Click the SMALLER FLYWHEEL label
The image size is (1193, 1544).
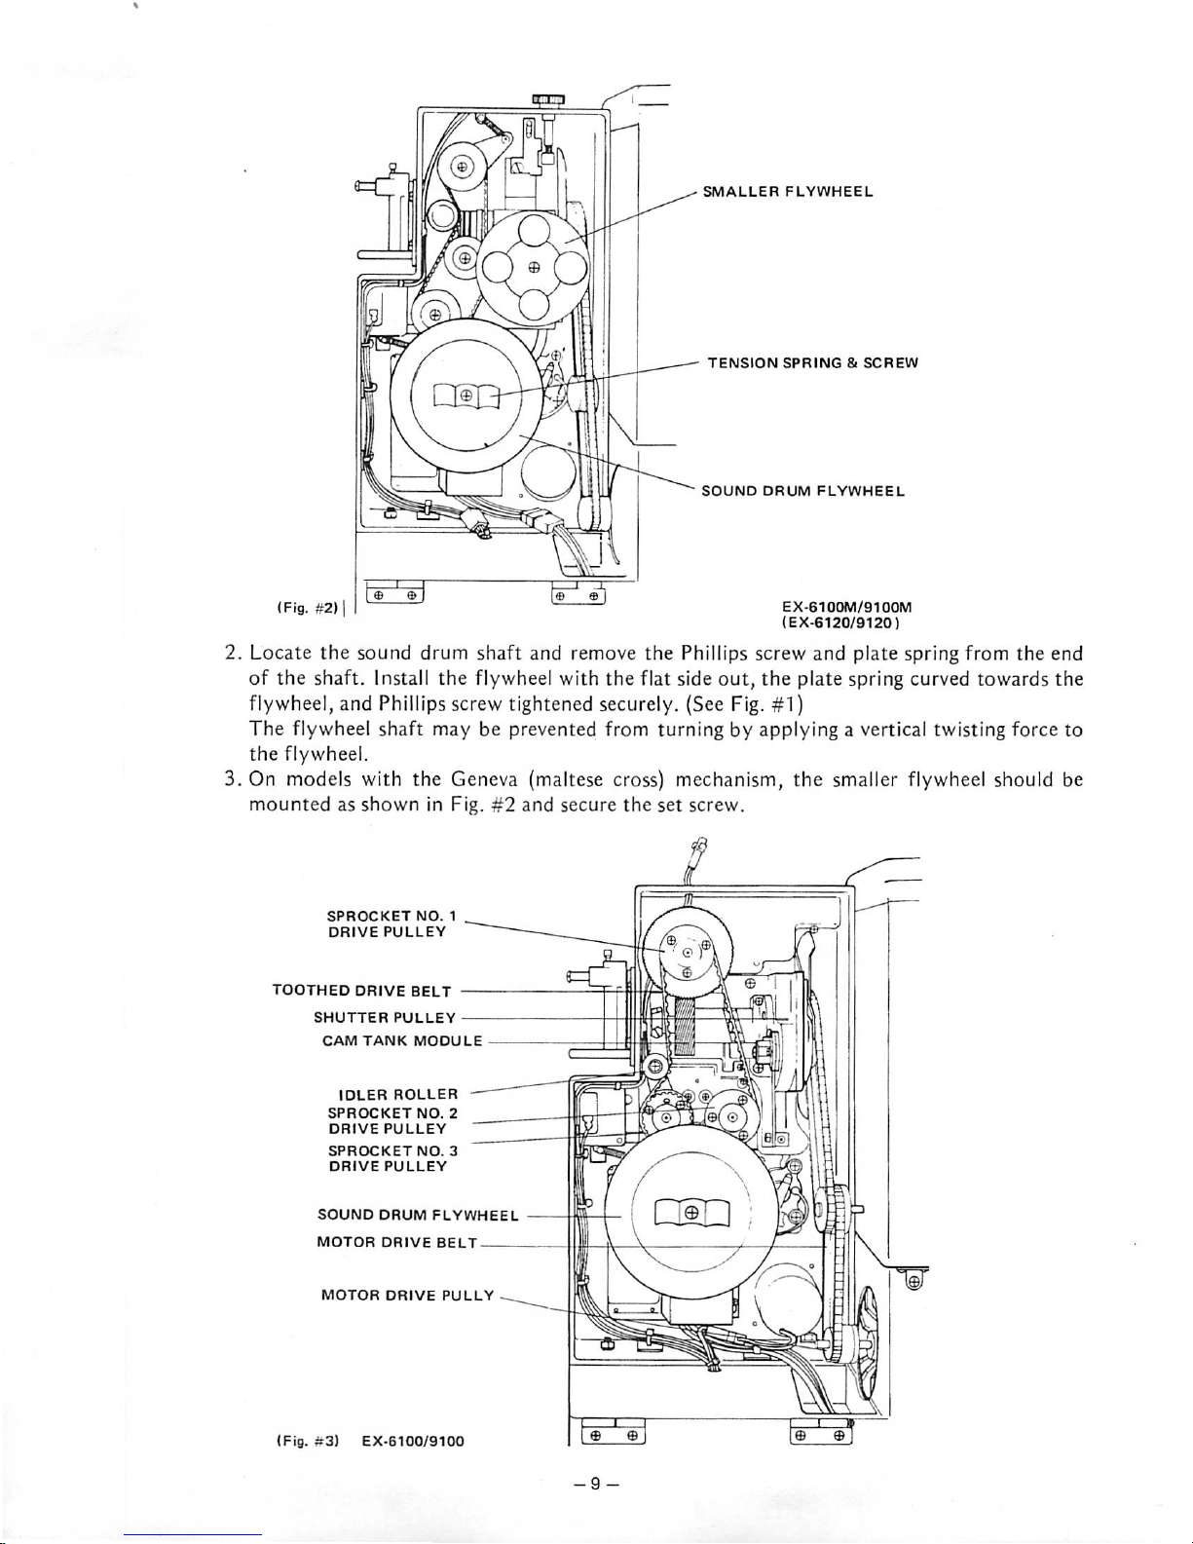coord(788,192)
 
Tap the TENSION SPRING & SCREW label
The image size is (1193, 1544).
coord(812,363)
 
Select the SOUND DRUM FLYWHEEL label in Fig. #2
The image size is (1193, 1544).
coord(802,491)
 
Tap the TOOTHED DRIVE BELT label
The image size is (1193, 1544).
coord(362,991)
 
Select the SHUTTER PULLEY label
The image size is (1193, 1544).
coord(384,1018)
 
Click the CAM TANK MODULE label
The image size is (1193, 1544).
coord(402,1041)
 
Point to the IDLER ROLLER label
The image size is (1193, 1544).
coord(398,1094)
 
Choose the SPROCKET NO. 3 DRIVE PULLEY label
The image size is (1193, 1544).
coord(392,1158)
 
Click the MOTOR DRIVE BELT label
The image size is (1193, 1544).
coord(397,1242)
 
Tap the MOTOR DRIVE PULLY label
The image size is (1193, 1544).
coord(407,1295)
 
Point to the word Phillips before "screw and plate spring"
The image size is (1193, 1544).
coord(714,653)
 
